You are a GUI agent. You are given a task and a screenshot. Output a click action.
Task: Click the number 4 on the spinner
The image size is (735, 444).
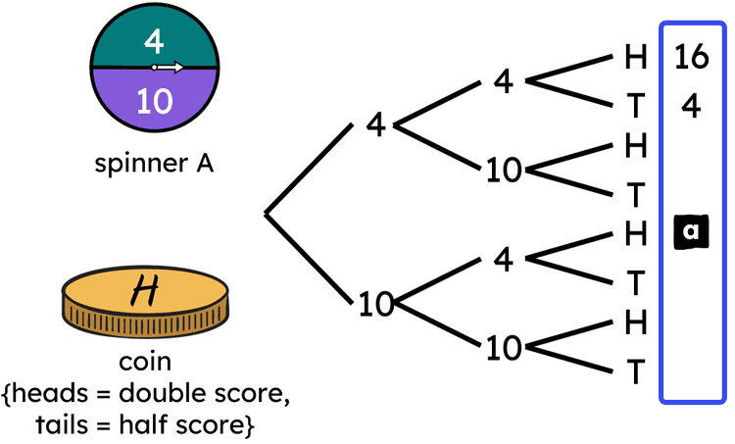(153, 41)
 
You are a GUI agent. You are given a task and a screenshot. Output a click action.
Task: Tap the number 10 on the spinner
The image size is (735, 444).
(153, 100)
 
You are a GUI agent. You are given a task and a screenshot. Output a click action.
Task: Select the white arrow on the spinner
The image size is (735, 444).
(169, 68)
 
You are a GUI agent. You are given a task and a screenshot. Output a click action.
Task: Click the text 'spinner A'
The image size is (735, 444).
(154, 164)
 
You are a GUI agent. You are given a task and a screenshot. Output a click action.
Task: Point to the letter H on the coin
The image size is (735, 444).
(147, 288)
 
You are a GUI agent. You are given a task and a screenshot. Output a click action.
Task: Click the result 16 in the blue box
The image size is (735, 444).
(691, 58)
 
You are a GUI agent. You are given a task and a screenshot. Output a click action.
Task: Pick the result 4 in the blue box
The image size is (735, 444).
(691, 106)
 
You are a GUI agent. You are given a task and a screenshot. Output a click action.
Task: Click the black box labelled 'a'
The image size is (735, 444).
(691, 231)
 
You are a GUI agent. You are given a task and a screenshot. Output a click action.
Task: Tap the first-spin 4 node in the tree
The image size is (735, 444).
(376, 125)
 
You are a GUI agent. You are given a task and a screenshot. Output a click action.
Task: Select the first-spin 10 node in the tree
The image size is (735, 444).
(375, 305)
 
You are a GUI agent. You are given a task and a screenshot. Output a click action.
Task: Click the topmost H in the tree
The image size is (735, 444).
(636, 58)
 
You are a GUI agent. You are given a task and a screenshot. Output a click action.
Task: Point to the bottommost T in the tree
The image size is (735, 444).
(636, 372)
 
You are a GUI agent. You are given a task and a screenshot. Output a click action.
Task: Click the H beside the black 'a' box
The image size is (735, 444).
(636, 233)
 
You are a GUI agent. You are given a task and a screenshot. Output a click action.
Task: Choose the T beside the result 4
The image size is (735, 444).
(636, 106)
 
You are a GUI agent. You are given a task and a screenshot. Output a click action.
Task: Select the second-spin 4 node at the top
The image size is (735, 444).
(503, 81)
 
